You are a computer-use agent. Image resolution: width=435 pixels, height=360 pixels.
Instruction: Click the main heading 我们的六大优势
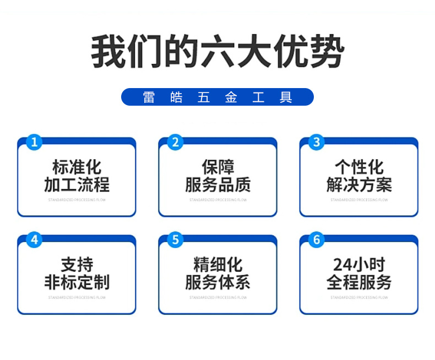click(x=218, y=52)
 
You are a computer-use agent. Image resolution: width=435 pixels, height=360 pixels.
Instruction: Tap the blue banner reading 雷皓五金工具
click(x=218, y=97)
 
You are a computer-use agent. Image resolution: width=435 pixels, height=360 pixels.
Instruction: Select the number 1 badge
click(x=34, y=142)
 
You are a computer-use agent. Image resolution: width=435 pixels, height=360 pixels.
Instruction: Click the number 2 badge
click(x=175, y=142)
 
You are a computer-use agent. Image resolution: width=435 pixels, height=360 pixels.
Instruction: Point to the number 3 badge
click(x=316, y=142)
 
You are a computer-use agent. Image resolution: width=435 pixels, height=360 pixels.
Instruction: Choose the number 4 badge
click(x=34, y=240)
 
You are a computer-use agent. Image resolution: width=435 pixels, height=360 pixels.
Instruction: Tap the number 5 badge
click(x=175, y=240)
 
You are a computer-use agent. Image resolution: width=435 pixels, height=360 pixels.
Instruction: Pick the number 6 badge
click(x=316, y=240)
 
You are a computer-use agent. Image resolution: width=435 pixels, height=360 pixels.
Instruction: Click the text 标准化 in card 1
click(x=77, y=167)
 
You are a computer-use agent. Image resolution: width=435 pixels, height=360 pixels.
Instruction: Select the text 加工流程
click(x=77, y=184)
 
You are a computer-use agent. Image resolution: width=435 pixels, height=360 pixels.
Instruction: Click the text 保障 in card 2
click(x=218, y=167)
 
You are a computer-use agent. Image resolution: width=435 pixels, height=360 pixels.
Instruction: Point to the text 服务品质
click(x=218, y=184)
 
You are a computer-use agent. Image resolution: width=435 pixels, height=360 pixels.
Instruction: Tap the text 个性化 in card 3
click(x=359, y=167)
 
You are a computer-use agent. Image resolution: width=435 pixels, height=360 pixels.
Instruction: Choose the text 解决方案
click(x=359, y=184)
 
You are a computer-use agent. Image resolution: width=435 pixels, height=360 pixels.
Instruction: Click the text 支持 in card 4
click(x=77, y=265)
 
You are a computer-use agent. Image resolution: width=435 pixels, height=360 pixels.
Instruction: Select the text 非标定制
click(x=77, y=282)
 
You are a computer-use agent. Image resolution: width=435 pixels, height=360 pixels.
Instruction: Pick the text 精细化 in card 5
click(x=218, y=265)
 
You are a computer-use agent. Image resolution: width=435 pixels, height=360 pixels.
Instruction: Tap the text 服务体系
click(x=218, y=282)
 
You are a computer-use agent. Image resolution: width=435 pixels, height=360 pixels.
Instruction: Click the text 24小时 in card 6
click(x=359, y=265)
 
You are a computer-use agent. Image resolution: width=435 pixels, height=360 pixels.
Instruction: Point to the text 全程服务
click(x=359, y=282)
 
